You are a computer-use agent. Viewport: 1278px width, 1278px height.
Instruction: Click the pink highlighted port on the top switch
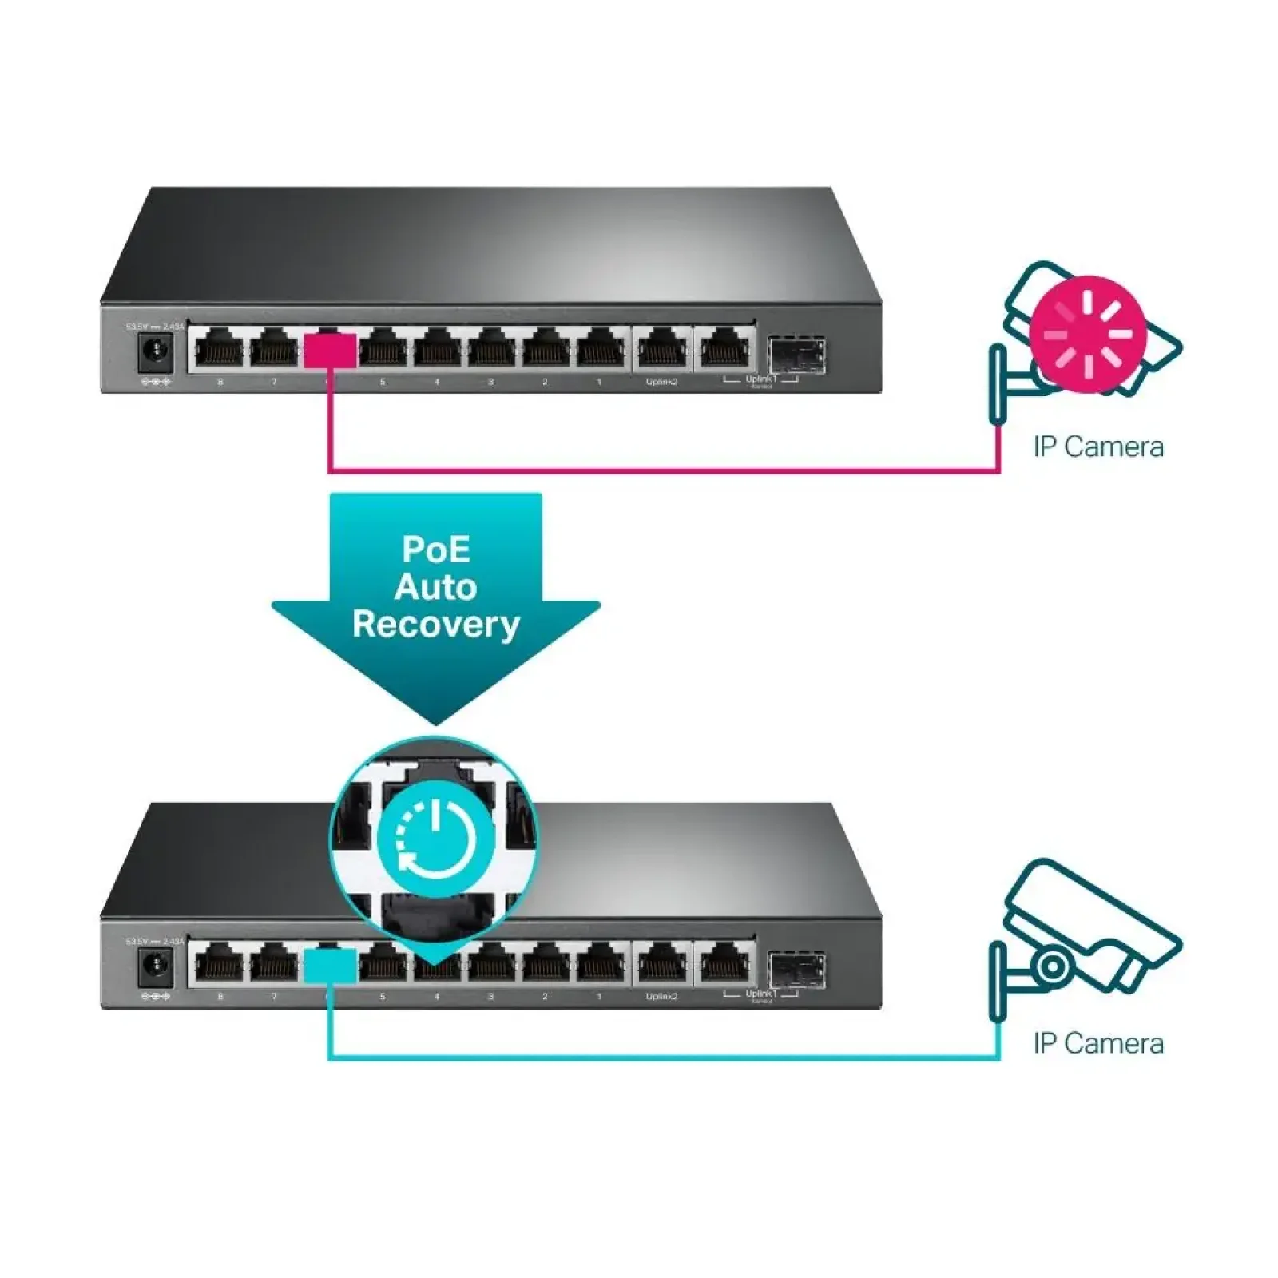[330, 351]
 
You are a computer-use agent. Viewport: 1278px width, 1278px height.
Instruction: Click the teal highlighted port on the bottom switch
[330, 966]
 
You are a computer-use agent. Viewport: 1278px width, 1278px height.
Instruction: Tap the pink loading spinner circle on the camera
[1088, 334]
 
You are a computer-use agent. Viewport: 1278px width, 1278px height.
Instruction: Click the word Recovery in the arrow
[435, 625]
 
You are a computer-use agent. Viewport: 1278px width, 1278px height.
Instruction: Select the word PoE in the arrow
[435, 550]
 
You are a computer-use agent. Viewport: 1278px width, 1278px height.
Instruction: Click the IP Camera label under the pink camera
[1097, 447]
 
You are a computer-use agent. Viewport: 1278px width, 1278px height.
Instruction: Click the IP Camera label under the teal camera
[1097, 1043]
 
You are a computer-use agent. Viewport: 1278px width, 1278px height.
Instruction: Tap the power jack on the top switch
[156, 352]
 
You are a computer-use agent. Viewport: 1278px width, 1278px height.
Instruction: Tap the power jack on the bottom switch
[156, 967]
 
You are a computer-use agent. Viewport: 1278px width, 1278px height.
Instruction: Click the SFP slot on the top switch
[796, 355]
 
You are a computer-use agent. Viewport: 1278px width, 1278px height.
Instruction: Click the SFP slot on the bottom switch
[796, 969]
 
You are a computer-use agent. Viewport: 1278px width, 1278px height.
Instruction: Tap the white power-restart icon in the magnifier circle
[435, 839]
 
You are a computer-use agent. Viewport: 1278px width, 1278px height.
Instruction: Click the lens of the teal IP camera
[1053, 966]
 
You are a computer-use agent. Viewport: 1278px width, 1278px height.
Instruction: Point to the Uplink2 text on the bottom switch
[661, 997]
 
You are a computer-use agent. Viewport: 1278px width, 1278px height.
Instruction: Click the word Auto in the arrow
[435, 587]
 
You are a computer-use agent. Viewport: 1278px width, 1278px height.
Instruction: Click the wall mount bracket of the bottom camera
[998, 982]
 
